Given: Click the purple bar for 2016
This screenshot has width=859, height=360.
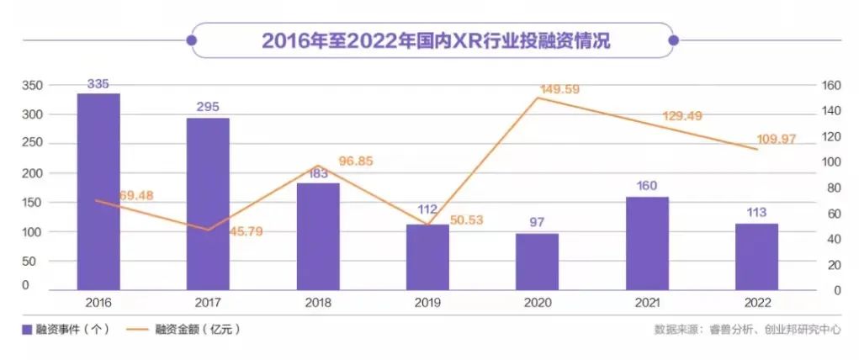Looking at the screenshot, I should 98,191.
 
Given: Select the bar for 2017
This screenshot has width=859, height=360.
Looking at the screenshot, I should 208,204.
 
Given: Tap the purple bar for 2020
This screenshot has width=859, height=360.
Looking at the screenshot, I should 537,261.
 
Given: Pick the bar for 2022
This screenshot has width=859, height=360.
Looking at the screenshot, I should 756,256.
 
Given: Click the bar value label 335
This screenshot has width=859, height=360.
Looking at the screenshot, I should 98,83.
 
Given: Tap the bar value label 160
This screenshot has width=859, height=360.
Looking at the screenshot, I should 647,185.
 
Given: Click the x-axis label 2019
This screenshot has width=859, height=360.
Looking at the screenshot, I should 427,302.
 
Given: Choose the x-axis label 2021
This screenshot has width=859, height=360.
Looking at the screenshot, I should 647,302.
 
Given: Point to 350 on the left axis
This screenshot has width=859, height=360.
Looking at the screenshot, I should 31,86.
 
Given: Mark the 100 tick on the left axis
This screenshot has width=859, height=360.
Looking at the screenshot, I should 31,231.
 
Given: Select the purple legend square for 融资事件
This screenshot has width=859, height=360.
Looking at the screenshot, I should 28,329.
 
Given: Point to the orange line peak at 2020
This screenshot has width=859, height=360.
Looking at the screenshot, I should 537,98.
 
